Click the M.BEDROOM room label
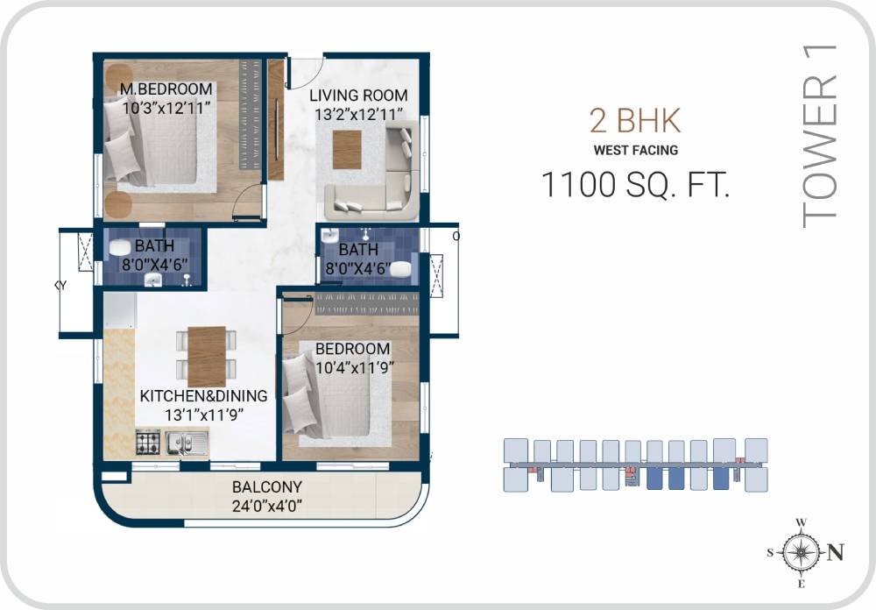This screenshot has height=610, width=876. pyautogui.click(x=166, y=89)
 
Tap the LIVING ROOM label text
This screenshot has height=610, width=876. pyautogui.click(x=359, y=96)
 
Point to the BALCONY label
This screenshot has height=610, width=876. pyautogui.click(x=266, y=487)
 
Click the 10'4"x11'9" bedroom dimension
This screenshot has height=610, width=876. pyautogui.click(x=353, y=367)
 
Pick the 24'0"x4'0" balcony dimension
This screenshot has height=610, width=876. pyautogui.click(x=266, y=506)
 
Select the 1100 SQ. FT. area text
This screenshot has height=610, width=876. pyautogui.click(x=635, y=185)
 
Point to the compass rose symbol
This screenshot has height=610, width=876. pyautogui.click(x=800, y=552)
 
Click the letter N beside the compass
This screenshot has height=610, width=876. pyautogui.click(x=837, y=552)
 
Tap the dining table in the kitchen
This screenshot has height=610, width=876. pyautogui.click(x=207, y=356)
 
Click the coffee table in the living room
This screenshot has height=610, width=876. pyautogui.click(x=347, y=149)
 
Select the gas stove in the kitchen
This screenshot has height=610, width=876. pyautogui.click(x=147, y=443)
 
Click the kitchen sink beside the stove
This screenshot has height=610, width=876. pyautogui.click(x=187, y=444)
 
